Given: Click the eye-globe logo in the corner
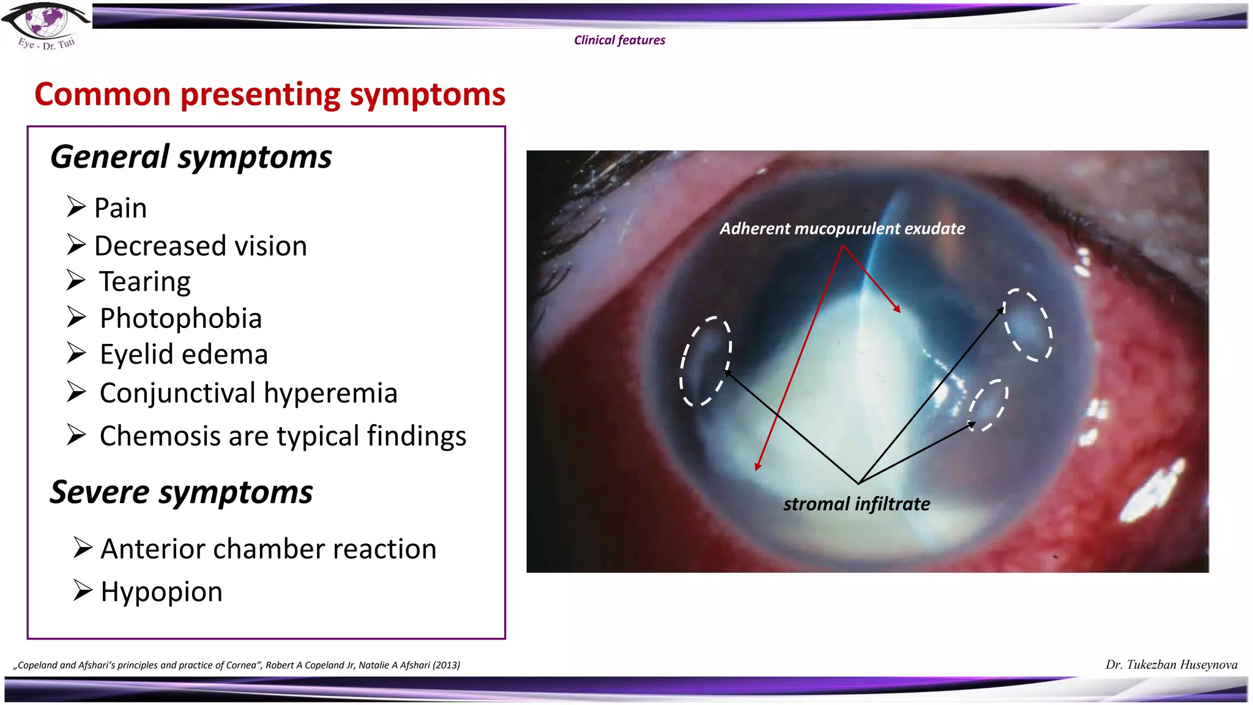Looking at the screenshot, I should pos(46,24).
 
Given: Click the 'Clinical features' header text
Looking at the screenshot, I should pos(619,40).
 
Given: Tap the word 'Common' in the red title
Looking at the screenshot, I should pos(102,95).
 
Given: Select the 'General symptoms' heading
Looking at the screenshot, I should pos(191,157).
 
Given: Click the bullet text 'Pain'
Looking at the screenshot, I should pos(121,208).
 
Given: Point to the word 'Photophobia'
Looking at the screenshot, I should pos(180,318).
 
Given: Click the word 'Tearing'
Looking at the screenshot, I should pos(145,282).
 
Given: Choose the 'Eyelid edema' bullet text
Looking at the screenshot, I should pos(184,355).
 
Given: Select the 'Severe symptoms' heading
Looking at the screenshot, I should pos(181,493).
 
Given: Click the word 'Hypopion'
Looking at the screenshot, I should pos(162,592).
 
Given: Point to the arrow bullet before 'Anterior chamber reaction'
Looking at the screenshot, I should pos(83,546).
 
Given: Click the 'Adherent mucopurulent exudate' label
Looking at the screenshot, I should pos(842,229).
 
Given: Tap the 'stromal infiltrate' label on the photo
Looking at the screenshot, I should pos(857,504).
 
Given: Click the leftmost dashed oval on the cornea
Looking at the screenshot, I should pos(705,362).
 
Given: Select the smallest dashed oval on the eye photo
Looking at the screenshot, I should pos(987,405).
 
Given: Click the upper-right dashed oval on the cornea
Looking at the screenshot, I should pos(1027,325).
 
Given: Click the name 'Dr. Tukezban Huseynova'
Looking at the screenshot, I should pos(1171,665).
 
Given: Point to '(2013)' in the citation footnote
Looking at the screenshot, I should pos(446,665).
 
